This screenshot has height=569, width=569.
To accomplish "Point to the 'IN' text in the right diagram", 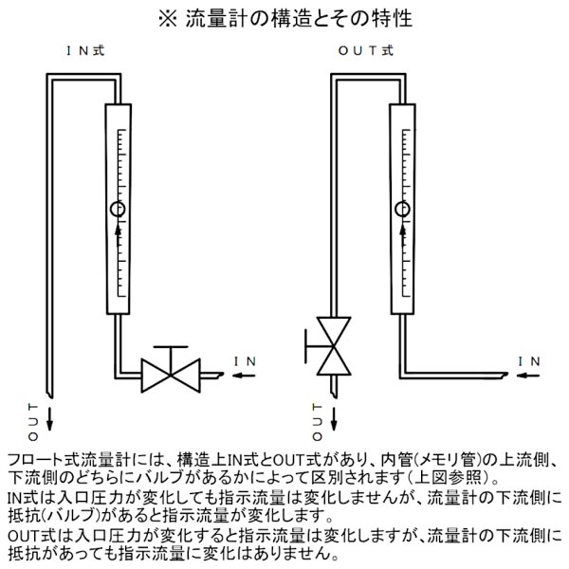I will tap(529, 360).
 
